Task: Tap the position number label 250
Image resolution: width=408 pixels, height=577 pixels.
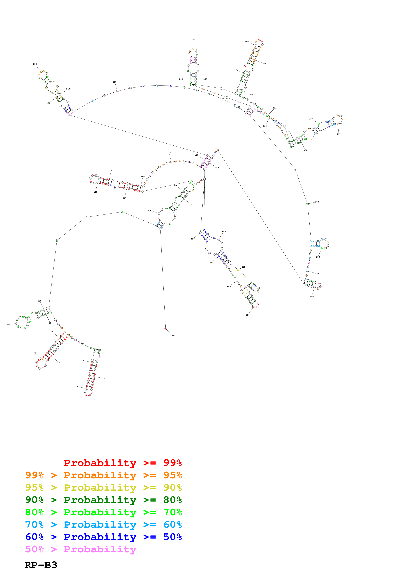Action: point(193,39)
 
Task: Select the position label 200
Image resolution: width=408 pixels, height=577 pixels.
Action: point(35,64)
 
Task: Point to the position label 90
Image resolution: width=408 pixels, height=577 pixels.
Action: point(7,325)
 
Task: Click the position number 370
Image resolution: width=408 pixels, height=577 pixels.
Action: point(317,202)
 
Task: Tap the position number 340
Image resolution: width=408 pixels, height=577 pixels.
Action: point(339,134)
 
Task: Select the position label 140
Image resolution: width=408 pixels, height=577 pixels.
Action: point(95,192)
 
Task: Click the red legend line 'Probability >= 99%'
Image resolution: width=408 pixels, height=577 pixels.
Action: point(123,463)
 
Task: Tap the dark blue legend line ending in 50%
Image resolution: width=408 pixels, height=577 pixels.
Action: point(103,537)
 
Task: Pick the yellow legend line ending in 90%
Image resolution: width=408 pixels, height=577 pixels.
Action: point(103,488)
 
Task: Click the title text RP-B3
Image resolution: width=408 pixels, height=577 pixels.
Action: point(41,565)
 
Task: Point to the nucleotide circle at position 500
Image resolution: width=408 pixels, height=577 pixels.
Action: point(165,329)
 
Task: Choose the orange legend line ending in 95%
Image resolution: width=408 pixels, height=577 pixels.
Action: point(103,475)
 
